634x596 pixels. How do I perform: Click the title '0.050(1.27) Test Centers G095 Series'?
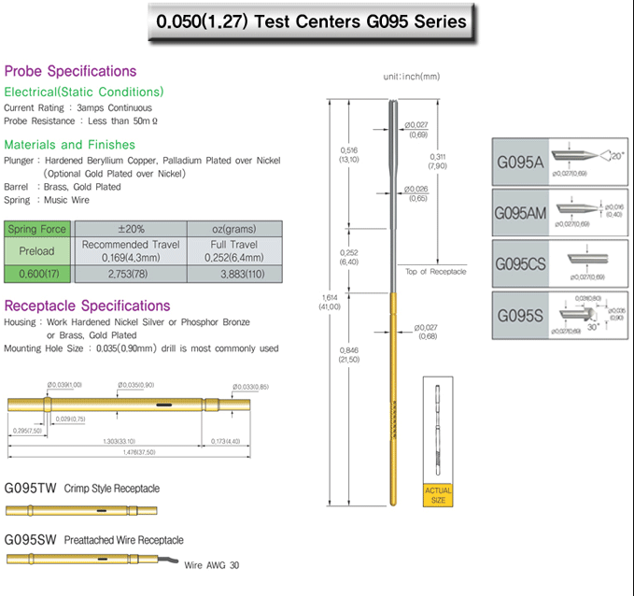coord(311,21)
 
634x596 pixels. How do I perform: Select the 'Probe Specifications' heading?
coord(70,71)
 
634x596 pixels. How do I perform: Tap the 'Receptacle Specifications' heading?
coord(88,305)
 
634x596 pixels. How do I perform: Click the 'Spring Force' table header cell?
coord(37,229)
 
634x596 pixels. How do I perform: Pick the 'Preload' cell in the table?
coord(37,251)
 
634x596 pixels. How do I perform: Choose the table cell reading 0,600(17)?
coord(37,274)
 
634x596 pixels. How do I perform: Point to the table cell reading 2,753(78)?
coord(130,274)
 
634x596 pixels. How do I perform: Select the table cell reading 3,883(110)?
coord(233,274)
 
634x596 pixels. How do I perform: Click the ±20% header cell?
coord(130,229)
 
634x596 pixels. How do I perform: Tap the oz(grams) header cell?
coord(233,229)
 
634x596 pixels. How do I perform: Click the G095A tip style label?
coord(519,161)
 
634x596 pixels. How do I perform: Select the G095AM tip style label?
coord(520,214)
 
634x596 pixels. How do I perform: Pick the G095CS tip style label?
coord(520,264)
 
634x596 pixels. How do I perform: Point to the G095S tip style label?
coord(519,316)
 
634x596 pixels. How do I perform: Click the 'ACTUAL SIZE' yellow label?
coord(438,495)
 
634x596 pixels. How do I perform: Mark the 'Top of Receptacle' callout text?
coord(436,272)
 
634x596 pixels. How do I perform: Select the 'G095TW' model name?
coord(32,488)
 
